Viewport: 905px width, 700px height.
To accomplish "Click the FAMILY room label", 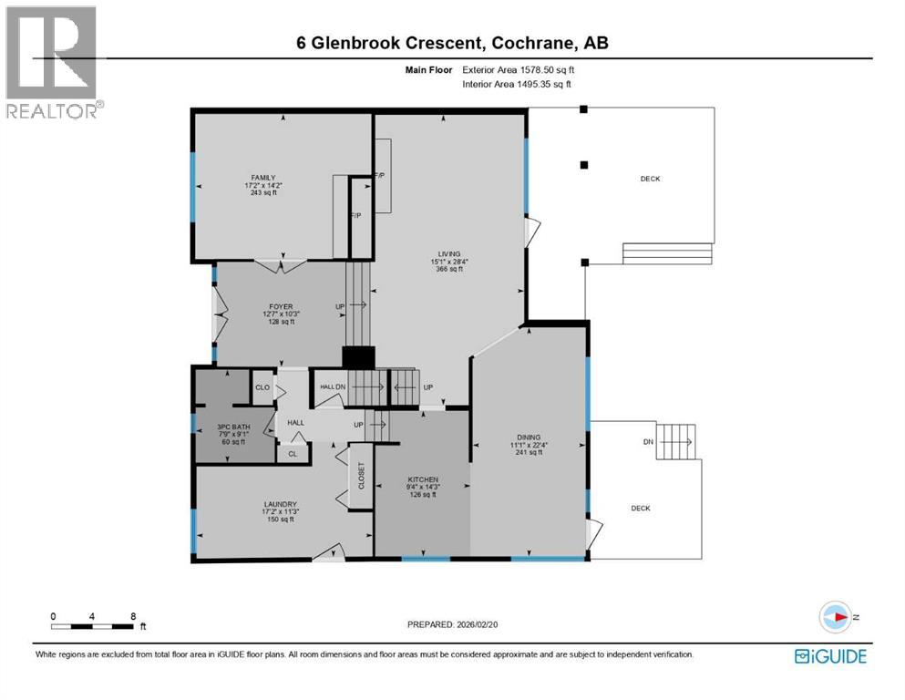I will click(x=264, y=178).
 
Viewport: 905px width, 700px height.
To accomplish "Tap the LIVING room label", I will click(x=447, y=254).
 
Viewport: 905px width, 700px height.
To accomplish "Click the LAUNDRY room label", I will click(x=281, y=504).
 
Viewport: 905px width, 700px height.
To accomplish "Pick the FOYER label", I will click(x=280, y=306).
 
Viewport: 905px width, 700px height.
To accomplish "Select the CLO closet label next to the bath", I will click(x=263, y=387).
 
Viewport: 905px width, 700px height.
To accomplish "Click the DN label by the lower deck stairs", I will click(x=648, y=442).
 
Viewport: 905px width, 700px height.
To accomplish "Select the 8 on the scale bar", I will click(x=133, y=616).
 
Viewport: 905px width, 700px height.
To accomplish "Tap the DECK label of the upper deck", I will click(x=650, y=179).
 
